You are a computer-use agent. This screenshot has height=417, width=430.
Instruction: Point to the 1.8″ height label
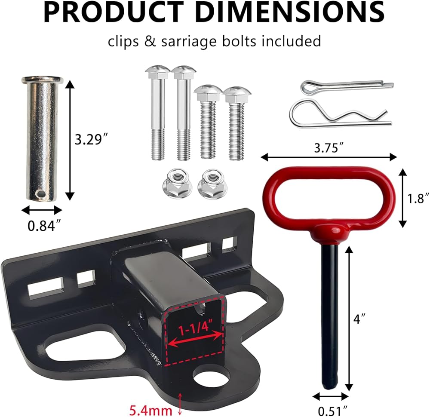(x=418, y=198)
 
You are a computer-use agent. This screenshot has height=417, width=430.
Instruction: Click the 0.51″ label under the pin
(x=332, y=411)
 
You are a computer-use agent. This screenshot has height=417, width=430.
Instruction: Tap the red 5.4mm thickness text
(x=150, y=410)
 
